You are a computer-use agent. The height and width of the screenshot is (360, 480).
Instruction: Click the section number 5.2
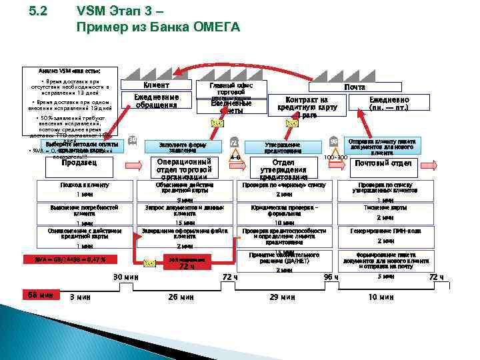pyautogui.click(x=40, y=12)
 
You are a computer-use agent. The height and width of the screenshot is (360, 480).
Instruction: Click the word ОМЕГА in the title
pyautogui.click(x=212, y=27)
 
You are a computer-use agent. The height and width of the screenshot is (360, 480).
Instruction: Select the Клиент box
pyautogui.click(x=156, y=85)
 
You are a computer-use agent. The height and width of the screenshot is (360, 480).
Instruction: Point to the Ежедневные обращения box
pyautogui.click(x=156, y=101)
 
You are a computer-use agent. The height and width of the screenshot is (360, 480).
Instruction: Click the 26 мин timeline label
pyautogui.click(x=181, y=297)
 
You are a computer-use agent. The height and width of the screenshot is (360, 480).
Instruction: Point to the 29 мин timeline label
pyautogui.click(x=282, y=297)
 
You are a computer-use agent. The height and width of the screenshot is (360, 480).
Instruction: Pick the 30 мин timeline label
pyautogui.click(x=125, y=277)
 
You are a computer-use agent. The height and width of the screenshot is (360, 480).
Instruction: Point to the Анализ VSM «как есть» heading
pyautogui.click(x=69, y=70)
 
